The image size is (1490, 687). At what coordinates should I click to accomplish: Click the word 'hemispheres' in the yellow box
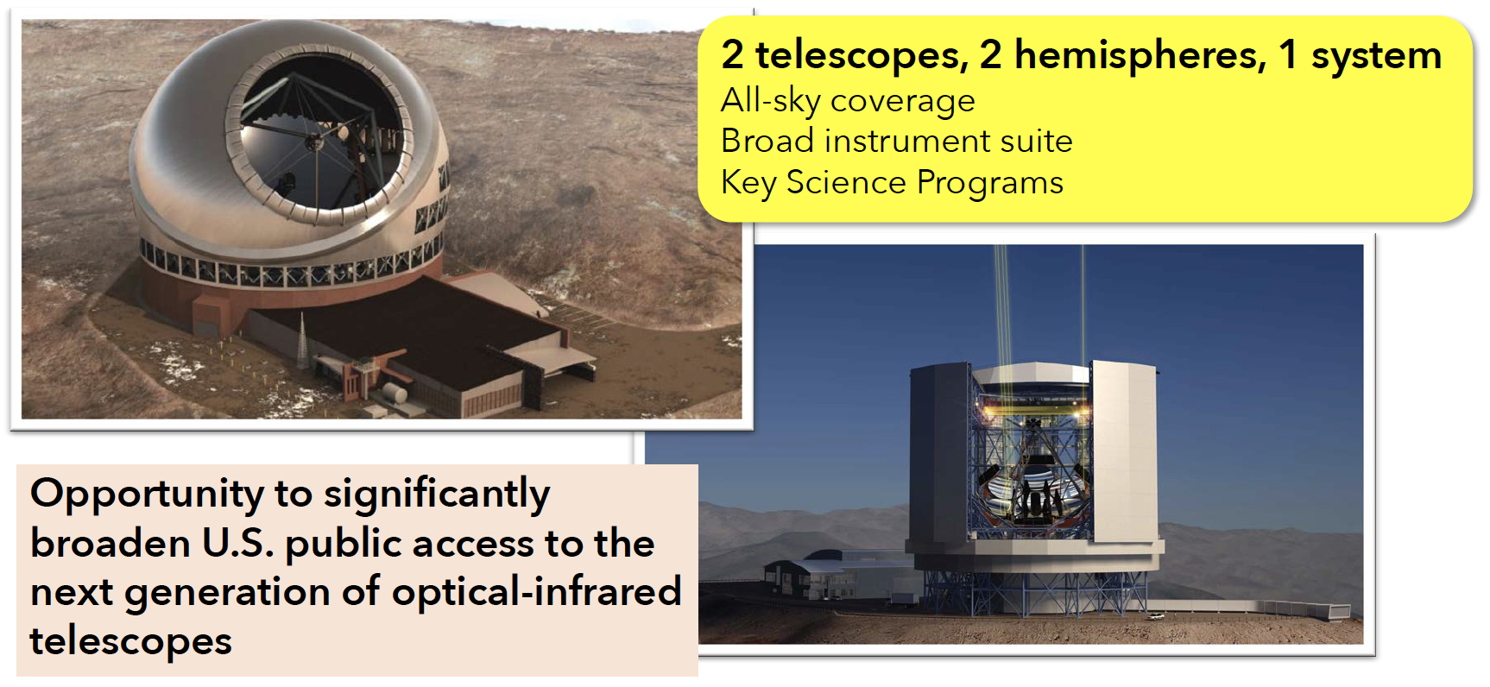(1140, 55)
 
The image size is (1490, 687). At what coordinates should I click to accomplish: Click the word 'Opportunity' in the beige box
(147, 495)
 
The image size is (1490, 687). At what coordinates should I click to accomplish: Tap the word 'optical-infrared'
(536, 592)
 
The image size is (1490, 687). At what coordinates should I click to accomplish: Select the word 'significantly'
(436, 495)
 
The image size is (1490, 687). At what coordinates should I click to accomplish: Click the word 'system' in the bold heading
(1377, 55)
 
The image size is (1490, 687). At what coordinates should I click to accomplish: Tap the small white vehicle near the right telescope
(1155, 616)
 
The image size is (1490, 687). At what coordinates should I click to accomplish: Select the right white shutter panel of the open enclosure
(1123, 451)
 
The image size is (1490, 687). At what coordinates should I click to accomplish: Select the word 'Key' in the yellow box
(748, 184)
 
